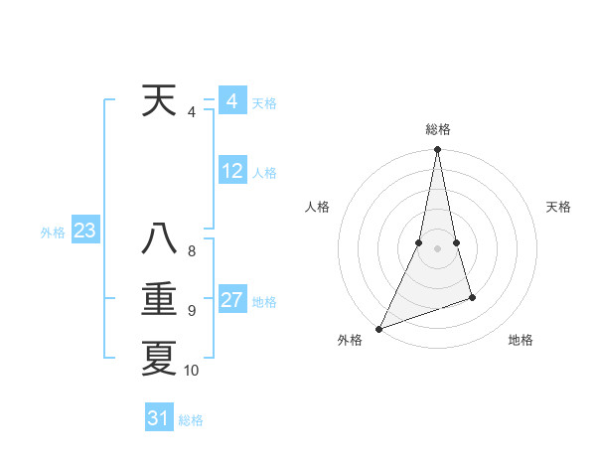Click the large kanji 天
(x=160, y=101)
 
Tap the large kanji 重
(x=160, y=299)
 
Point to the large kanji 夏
(x=160, y=359)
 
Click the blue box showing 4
(x=231, y=101)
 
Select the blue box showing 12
(x=232, y=171)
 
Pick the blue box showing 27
(x=232, y=300)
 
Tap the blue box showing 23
(x=84, y=232)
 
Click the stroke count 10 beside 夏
(x=192, y=371)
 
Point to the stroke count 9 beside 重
(x=192, y=311)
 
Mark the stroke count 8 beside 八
(x=192, y=251)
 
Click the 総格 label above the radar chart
(x=438, y=129)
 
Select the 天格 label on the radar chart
(x=559, y=207)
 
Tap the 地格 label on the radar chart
(x=521, y=340)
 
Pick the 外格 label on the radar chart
(x=350, y=340)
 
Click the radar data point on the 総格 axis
(x=437, y=150)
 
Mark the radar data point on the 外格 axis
(x=378, y=329)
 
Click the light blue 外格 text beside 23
(x=53, y=233)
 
